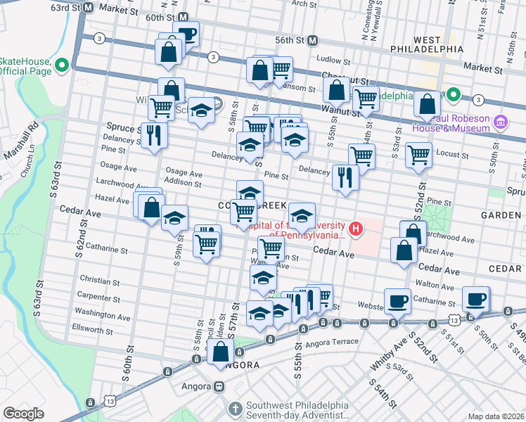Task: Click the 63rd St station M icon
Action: (89, 7)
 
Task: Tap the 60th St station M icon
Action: (183, 17)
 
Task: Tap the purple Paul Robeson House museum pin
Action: (501, 123)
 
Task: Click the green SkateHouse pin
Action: (61, 67)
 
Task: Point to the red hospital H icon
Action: (357, 229)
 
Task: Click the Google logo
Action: (23, 414)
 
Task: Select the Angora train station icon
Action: (219, 386)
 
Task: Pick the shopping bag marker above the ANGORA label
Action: (220, 351)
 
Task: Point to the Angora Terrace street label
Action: (331, 342)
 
